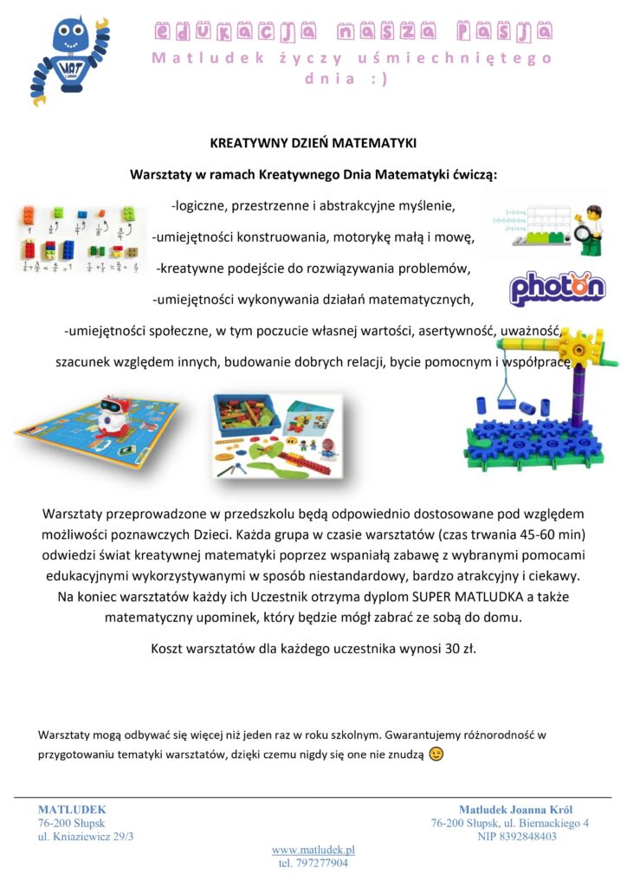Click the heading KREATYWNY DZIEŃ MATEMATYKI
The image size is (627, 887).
313,142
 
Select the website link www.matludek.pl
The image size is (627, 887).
313,850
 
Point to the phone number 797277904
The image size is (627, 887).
313,864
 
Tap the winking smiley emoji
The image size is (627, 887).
436,754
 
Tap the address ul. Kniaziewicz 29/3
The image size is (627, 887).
86,837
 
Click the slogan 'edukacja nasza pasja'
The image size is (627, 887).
352,32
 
